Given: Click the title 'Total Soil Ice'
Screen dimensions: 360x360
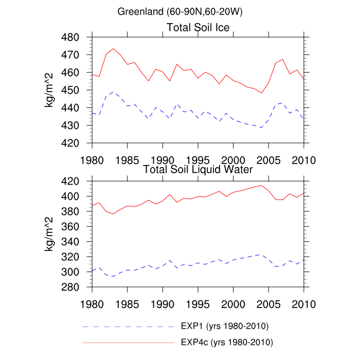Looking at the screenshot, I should (x=198, y=27).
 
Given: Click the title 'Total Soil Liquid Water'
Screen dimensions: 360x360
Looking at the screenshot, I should (x=198, y=169).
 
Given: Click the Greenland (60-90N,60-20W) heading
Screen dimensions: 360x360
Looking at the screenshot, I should (x=180, y=11).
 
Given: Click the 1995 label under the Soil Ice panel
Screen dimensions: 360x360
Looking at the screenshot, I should (x=198, y=159).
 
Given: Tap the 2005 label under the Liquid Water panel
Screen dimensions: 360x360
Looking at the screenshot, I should (x=268, y=303).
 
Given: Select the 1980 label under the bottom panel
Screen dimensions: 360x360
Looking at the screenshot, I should (x=92, y=303).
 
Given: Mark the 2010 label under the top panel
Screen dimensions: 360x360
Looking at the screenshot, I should (x=303, y=159).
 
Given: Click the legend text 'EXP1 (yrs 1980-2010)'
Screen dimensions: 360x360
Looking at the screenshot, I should (x=225, y=326).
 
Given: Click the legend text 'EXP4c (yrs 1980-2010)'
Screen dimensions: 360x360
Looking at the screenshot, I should (x=227, y=341).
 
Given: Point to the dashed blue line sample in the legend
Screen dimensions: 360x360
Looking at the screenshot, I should (x=129, y=327).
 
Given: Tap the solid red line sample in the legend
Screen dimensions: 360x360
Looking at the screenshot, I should (x=129, y=341).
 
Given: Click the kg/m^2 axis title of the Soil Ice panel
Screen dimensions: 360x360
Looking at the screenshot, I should (x=50, y=90).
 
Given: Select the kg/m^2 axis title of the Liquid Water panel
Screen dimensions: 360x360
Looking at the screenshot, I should (x=50, y=234).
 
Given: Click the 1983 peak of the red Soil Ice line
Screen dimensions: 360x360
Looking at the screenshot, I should (x=113, y=49).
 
